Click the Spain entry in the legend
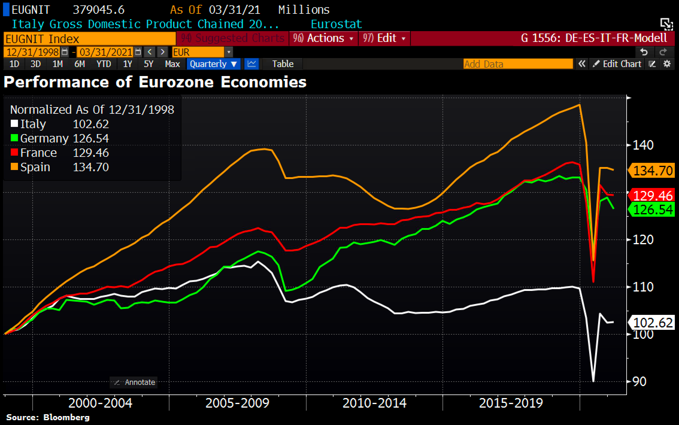click(x=35, y=167)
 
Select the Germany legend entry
click(x=44, y=138)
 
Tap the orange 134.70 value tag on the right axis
click(x=653, y=171)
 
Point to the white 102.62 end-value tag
click(x=653, y=323)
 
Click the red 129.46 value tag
click(x=653, y=196)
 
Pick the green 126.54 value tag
click(x=653, y=210)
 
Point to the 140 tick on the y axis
click(x=642, y=145)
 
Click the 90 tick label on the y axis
click(x=639, y=382)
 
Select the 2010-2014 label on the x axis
click(x=374, y=403)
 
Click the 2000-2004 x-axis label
click(x=100, y=403)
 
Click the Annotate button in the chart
click(x=134, y=382)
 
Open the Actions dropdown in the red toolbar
click(x=324, y=38)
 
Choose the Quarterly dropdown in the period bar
click(x=213, y=64)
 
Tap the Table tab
click(x=283, y=64)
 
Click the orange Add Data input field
click(x=518, y=64)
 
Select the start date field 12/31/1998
click(x=32, y=52)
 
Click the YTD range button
click(x=104, y=64)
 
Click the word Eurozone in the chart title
click(x=176, y=82)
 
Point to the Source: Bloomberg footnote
click(x=48, y=417)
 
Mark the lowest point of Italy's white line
click(x=593, y=381)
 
